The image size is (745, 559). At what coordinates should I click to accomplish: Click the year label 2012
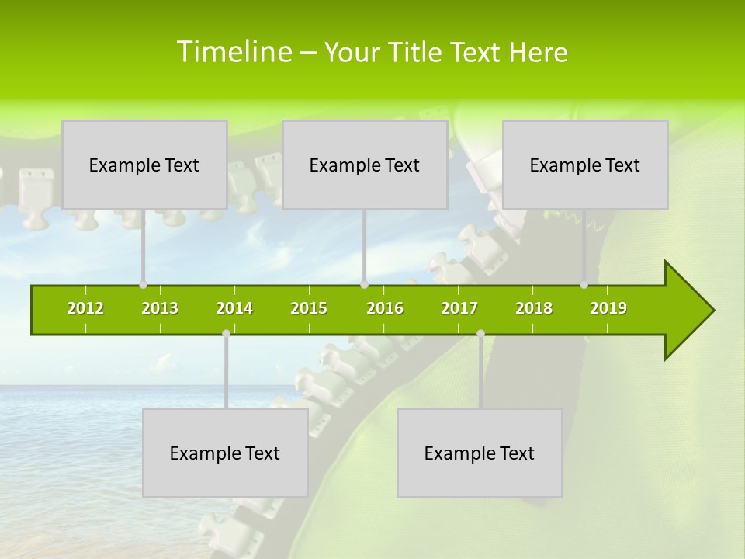(x=85, y=308)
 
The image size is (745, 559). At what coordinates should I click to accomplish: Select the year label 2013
(x=160, y=308)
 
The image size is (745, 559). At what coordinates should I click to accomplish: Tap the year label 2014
(x=234, y=308)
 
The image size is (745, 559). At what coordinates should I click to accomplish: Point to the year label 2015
(x=309, y=308)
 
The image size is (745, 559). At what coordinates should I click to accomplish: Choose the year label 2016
(x=385, y=308)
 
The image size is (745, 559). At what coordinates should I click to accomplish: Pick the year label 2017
(x=459, y=308)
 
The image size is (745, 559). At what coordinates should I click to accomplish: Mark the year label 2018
(x=534, y=308)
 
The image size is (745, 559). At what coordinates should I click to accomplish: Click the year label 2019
(x=608, y=308)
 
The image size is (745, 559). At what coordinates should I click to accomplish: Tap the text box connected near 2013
(x=144, y=165)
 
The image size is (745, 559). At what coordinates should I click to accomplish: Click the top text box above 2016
(x=365, y=165)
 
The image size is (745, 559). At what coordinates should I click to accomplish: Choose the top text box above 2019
(x=585, y=165)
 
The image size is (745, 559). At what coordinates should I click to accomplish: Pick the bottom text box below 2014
(x=225, y=453)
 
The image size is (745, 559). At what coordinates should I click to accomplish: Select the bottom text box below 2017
(x=480, y=453)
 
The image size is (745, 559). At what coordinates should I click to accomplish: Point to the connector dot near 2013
(x=143, y=285)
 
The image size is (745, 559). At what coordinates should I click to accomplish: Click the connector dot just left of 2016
(x=364, y=285)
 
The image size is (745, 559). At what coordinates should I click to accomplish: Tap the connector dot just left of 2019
(x=584, y=285)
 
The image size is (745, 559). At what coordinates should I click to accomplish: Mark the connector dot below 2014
(x=226, y=334)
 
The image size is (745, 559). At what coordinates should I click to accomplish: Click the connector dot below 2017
(x=480, y=334)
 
